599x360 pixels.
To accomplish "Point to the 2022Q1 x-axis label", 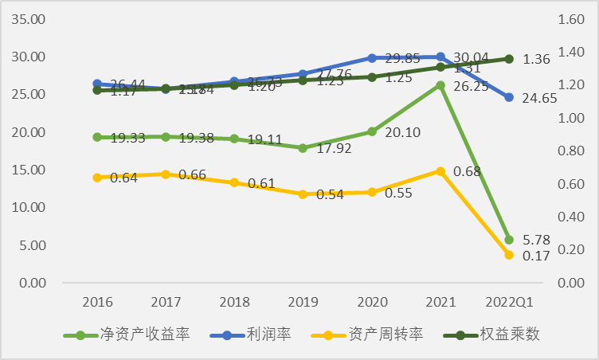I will (509, 302).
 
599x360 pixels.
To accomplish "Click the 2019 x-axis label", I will (303, 302).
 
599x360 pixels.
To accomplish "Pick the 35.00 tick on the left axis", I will (27, 19).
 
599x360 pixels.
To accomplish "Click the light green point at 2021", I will (440, 85).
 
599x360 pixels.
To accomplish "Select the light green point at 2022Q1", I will (509, 239).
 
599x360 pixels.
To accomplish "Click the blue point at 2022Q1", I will (509, 97).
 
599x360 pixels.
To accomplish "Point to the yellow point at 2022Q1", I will (509, 255).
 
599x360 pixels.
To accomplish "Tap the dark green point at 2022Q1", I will (509, 59).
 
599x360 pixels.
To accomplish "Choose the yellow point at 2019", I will (303, 194).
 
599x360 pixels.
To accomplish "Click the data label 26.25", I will (471, 88).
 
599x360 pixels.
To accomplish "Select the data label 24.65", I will (539, 99).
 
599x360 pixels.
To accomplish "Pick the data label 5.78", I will (538, 239).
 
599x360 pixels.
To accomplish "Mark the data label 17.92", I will (333, 148).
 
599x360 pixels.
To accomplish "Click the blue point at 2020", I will (372, 58).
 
